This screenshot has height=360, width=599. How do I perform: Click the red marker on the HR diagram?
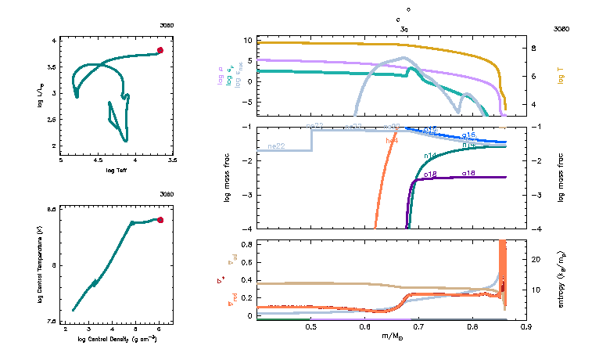160,50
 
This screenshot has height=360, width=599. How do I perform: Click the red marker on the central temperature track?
160,220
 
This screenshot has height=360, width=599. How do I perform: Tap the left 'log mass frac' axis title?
228,178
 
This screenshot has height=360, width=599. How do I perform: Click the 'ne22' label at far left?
275,146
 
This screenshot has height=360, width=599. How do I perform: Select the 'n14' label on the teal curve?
429,156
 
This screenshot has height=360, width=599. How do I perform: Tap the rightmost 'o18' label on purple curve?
468,172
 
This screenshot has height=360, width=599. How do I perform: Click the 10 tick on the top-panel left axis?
246,39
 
